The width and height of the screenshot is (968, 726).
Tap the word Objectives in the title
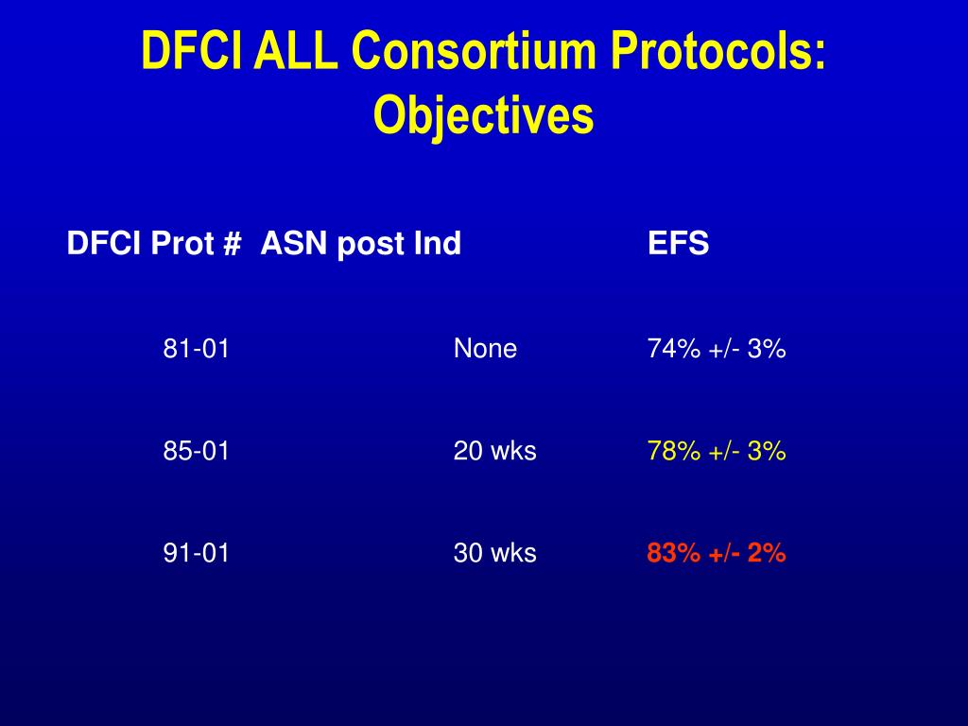point(483,115)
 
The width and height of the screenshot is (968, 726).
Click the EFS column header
point(678,244)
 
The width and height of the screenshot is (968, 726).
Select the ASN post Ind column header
point(360,244)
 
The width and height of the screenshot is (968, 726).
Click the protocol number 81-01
point(196,349)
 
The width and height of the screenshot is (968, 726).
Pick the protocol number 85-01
point(196,451)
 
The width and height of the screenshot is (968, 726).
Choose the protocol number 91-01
point(196,553)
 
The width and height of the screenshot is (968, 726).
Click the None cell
point(485,349)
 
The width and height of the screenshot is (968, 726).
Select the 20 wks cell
point(494,451)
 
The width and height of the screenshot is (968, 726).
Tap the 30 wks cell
point(494,553)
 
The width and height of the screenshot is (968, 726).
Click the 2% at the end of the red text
point(767,553)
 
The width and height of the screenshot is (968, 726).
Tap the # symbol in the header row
point(232,244)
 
